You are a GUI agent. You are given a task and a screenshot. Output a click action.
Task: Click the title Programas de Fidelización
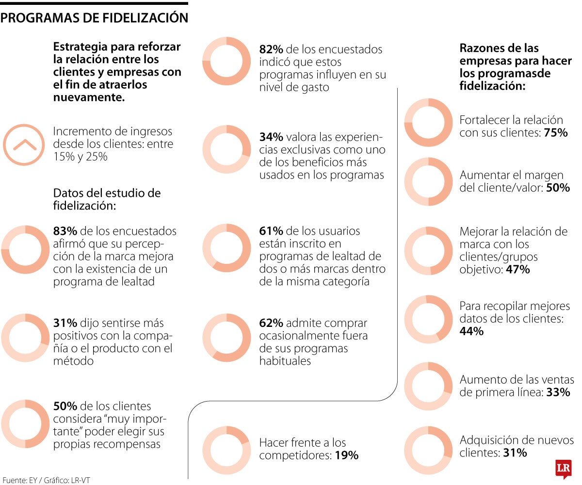click(94, 18)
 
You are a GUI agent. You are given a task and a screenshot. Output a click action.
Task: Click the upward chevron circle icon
click(25, 145)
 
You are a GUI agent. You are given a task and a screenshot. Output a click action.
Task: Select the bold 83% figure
click(65, 231)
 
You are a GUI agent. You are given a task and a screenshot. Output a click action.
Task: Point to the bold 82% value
click(271, 49)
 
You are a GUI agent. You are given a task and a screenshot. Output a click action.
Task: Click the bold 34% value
click(271, 137)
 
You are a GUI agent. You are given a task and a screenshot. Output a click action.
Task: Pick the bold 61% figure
click(271, 231)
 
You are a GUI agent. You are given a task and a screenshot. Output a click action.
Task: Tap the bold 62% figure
click(271, 323)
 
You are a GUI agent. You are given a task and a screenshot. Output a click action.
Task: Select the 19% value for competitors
click(347, 455)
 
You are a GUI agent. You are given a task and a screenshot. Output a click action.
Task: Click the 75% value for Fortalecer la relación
click(556, 133)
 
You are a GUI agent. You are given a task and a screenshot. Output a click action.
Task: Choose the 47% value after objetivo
click(518, 270)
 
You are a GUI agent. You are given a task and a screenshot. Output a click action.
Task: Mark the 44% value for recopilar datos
click(471, 332)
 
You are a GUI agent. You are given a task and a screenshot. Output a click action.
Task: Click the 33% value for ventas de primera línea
click(558, 392)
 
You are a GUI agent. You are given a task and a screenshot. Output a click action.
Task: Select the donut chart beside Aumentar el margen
click(428, 181)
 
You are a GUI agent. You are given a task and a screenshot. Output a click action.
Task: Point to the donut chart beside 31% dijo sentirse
click(25, 338)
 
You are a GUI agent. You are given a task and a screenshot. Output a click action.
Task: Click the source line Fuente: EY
click(47, 480)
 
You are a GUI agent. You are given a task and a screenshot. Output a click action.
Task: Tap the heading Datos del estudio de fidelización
click(107, 199)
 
